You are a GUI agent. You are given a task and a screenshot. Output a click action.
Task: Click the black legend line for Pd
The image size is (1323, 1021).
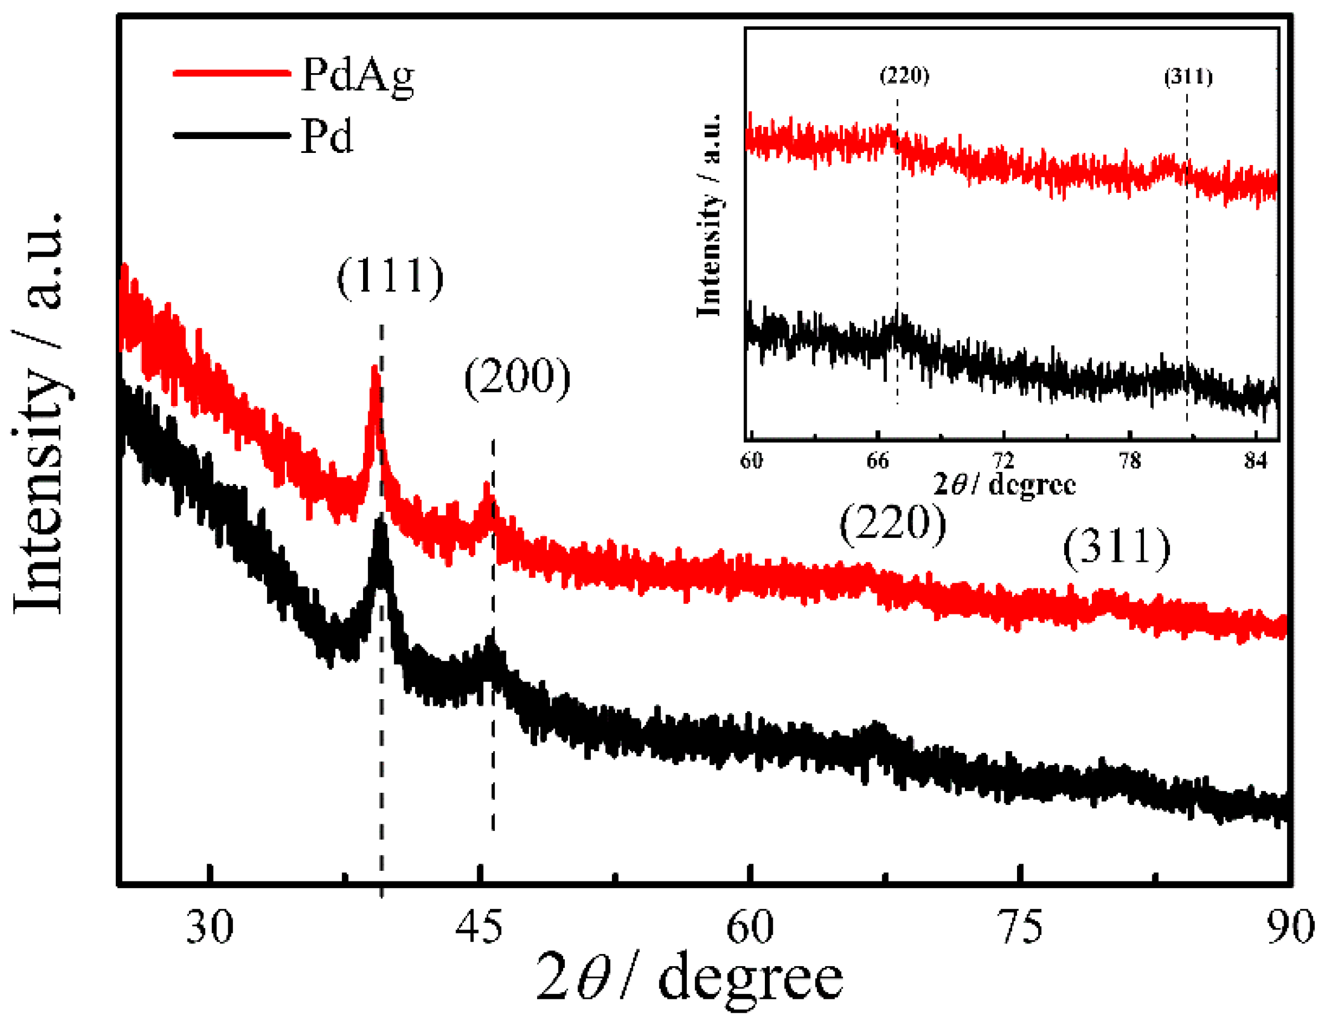coord(232,135)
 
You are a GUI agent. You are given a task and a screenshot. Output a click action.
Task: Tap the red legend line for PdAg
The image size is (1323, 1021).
coord(232,73)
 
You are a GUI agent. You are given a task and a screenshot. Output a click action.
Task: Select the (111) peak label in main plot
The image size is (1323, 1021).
coord(391,277)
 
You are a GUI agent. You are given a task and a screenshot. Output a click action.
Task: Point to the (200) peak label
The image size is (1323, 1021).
coord(517,377)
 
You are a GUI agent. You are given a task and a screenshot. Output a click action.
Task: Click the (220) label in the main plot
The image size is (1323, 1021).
coord(892,523)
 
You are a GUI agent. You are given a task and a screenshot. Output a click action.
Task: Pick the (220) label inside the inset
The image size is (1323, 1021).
coord(905,76)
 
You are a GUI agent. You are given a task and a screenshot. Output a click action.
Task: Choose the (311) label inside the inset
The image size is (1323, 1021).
coord(1188,77)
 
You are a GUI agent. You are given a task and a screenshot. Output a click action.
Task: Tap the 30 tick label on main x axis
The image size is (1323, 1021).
coord(210,926)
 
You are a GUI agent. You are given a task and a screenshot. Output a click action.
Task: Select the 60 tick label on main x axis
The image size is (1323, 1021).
coord(750,926)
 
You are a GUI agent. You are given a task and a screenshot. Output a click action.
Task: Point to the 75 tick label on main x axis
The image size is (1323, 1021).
coord(1021,926)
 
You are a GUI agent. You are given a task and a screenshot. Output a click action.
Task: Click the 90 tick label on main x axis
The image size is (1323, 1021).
coord(1290,926)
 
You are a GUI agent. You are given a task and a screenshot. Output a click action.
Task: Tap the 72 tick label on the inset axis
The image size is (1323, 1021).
coord(1003,461)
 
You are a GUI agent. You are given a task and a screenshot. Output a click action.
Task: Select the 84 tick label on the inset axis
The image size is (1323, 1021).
coord(1256,461)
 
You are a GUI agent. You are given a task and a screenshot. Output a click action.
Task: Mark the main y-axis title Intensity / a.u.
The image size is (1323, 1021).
coord(38,412)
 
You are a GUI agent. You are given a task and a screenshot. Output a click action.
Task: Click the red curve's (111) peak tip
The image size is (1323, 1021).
coord(376,368)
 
